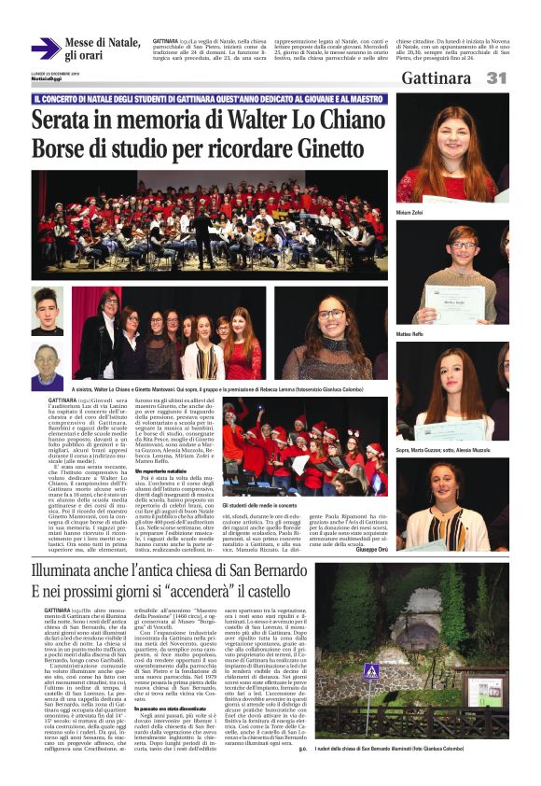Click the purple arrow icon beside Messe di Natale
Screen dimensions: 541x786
[46, 48]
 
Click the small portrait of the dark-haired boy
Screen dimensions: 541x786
[46, 311]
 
